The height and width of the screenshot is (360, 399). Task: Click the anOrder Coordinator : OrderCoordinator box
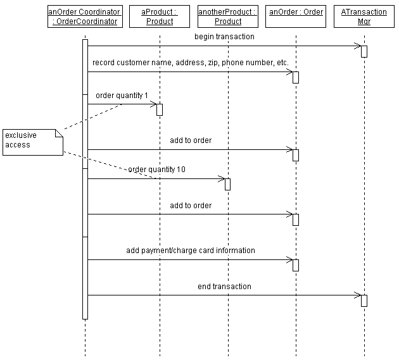pos(85,16)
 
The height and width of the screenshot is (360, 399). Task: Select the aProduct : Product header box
pos(160,16)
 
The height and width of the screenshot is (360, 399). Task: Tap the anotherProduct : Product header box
pos(227,16)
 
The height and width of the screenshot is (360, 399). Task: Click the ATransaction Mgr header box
pos(364,16)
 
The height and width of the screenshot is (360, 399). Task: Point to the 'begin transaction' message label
pos(224,37)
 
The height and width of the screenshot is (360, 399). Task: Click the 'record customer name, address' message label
pos(190,63)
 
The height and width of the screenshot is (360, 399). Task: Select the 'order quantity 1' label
pos(122,95)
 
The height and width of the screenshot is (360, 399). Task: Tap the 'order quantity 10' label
pos(156,170)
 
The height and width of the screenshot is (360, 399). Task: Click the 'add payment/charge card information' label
pos(190,251)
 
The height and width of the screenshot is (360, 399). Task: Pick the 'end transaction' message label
pos(224,287)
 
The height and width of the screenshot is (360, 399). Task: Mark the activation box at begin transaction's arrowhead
pos(364,51)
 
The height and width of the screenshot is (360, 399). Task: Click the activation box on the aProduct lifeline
pos(160,109)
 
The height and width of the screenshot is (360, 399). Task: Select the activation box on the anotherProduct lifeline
pos(227,184)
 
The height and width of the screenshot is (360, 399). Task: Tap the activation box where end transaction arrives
pos(364,301)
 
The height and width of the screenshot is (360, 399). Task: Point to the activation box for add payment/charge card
pos(296,265)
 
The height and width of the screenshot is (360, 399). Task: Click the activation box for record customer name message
pos(296,77)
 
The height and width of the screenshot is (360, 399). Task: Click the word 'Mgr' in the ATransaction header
pos(364,22)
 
